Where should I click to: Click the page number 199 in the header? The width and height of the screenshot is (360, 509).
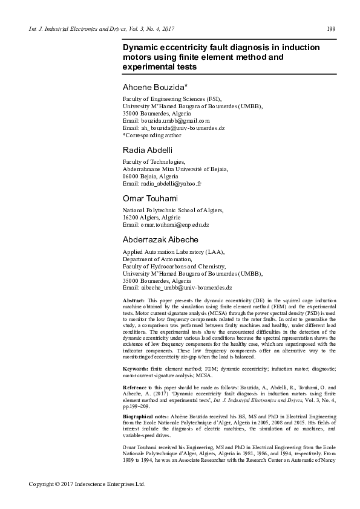click(x=331, y=30)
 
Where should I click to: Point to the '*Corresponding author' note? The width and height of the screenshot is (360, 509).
click(x=152, y=135)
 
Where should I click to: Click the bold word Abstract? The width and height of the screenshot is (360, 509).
click(x=134, y=300)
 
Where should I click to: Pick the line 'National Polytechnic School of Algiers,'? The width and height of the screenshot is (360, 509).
click(x=173, y=210)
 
